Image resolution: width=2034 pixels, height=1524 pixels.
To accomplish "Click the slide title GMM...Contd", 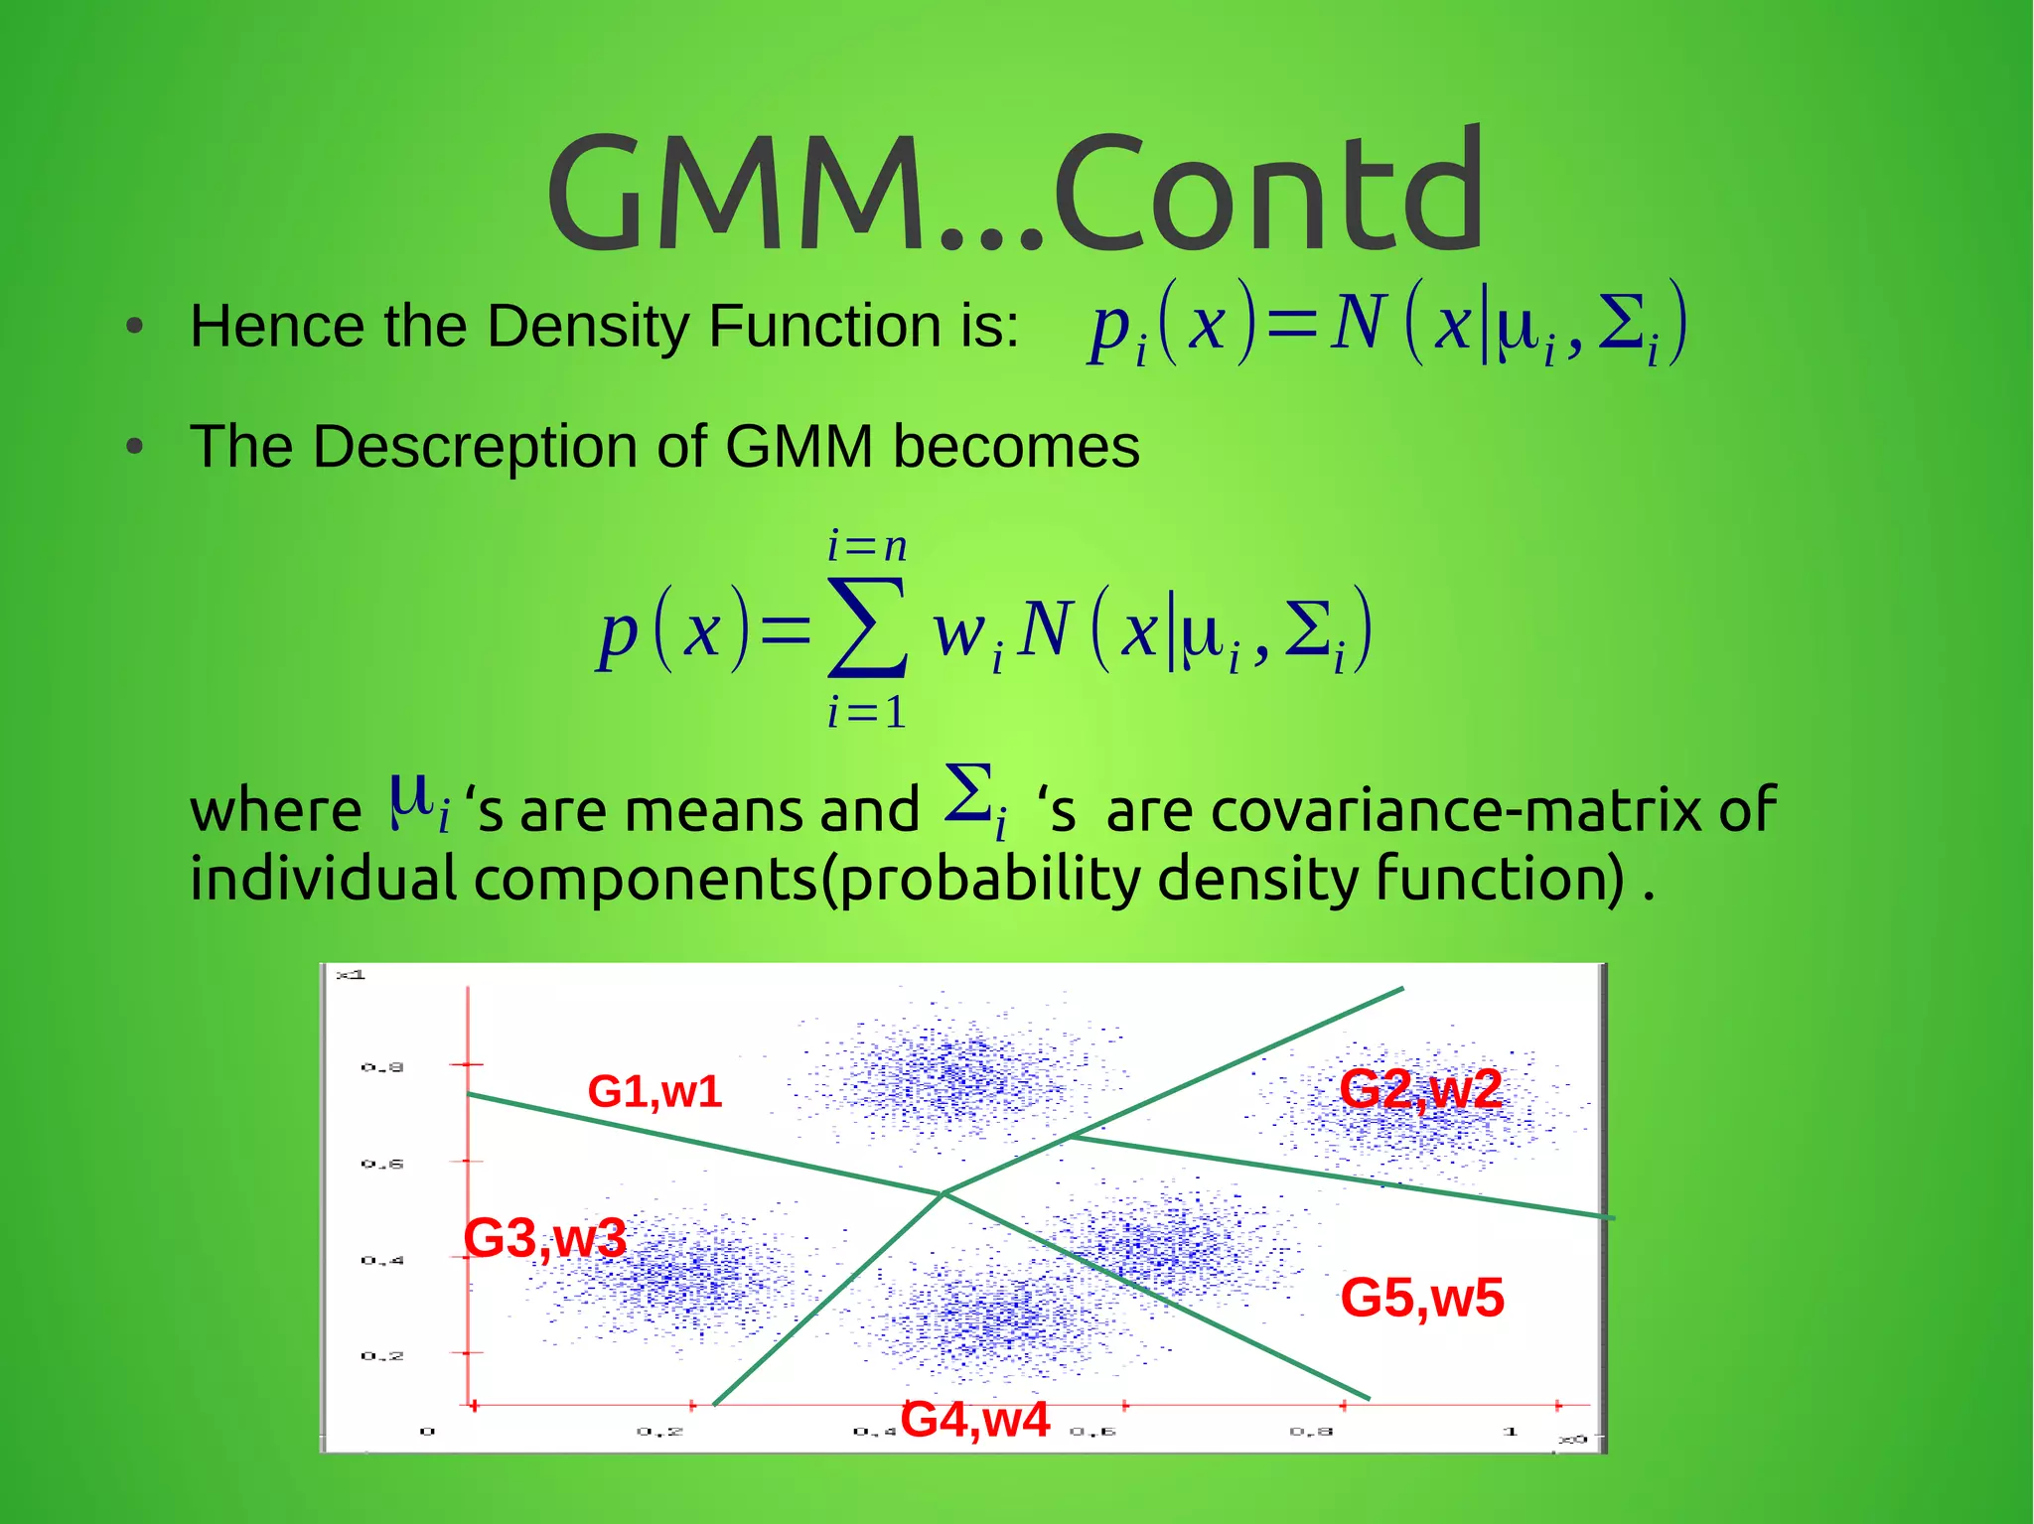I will coord(1015,194).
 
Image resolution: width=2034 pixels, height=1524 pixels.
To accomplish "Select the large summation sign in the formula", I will coord(866,627).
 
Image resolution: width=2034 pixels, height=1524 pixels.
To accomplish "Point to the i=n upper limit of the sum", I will coord(867,546).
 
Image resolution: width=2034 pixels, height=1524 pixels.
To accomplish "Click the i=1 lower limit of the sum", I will coord(867,712).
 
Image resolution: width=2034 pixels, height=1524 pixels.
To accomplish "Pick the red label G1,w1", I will coord(654,1092).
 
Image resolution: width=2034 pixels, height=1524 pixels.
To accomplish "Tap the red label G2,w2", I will coord(1420,1089).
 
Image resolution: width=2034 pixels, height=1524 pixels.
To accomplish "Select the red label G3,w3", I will coord(545,1238).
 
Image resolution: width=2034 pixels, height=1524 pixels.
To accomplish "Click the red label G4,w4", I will coord(975,1419).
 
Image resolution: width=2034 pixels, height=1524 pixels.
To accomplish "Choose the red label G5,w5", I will coord(1422,1298).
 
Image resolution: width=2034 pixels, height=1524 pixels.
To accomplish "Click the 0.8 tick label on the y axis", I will coord(382,1067).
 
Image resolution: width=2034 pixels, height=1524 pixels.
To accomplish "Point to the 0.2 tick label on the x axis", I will coord(659,1432).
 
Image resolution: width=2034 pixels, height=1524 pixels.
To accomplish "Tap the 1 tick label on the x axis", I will coord(1510,1432).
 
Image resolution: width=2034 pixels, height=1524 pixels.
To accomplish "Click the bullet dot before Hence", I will coord(136,327).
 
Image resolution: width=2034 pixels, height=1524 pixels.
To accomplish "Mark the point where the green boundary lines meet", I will coord(943,1192).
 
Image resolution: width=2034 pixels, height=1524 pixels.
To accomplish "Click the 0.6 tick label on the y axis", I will coord(382,1164).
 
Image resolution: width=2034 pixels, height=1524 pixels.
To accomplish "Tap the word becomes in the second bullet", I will coord(1015,446).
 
